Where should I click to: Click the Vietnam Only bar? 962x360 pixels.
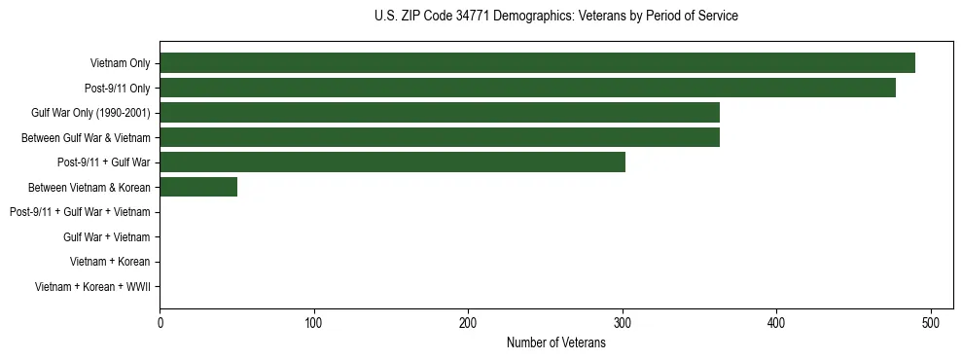coord(537,63)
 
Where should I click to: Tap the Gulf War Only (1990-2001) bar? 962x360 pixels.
coord(440,113)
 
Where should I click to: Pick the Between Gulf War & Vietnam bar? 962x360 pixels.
coord(440,137)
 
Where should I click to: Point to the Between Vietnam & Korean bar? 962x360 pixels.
coord(198,187)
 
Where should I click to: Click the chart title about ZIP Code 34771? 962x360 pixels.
coord(555,16)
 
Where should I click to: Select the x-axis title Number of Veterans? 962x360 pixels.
coord(555,342)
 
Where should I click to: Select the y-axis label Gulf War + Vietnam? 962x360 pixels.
coord(107,236)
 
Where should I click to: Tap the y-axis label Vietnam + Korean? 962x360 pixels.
coord(110,262)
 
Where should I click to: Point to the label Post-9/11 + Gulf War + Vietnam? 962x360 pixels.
coord(80,212)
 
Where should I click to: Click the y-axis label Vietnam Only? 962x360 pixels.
coord(121,63)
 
